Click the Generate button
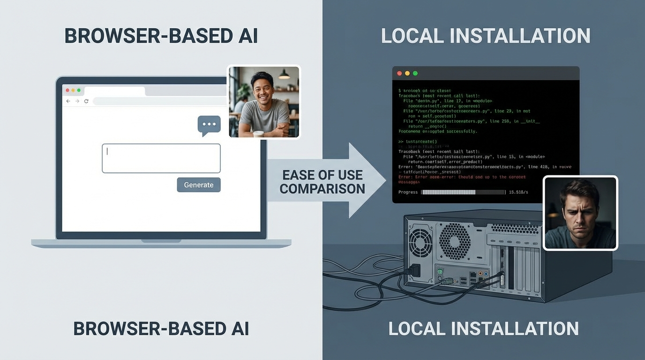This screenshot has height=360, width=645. (198, 185)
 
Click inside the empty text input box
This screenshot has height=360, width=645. (161, 158)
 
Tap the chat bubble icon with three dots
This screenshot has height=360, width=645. (209, 125)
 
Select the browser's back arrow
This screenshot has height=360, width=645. (68, 101)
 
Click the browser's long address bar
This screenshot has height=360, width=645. (159, 101)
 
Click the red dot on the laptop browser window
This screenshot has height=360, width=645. (67, 90)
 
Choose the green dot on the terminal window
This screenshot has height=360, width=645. (415, 74)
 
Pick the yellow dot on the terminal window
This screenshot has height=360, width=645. (407, 74)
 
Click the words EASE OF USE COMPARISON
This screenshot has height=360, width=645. (322, 182)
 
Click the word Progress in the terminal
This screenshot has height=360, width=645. (408, 192)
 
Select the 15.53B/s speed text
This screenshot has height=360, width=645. (518, 192)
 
